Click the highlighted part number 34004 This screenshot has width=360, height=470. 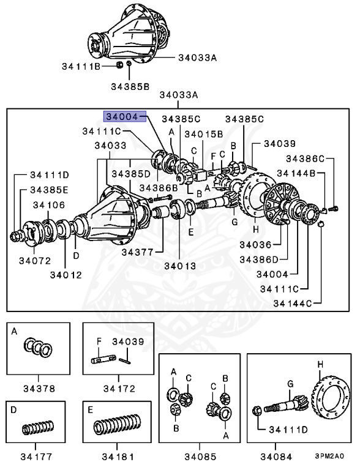tap(122, 116)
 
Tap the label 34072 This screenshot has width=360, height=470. tap(35, 261)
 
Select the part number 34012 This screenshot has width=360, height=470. tap(66, 275)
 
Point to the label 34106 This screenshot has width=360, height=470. tap(49, 205)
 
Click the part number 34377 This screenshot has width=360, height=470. tap(137, 252)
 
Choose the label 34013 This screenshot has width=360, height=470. tap(180, 266)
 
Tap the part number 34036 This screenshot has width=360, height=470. tap(255, 245)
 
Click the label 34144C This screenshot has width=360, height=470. tap(293, 304)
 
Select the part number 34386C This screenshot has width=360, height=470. tap(305, 159)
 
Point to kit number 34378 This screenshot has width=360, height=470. tap(39, 389)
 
